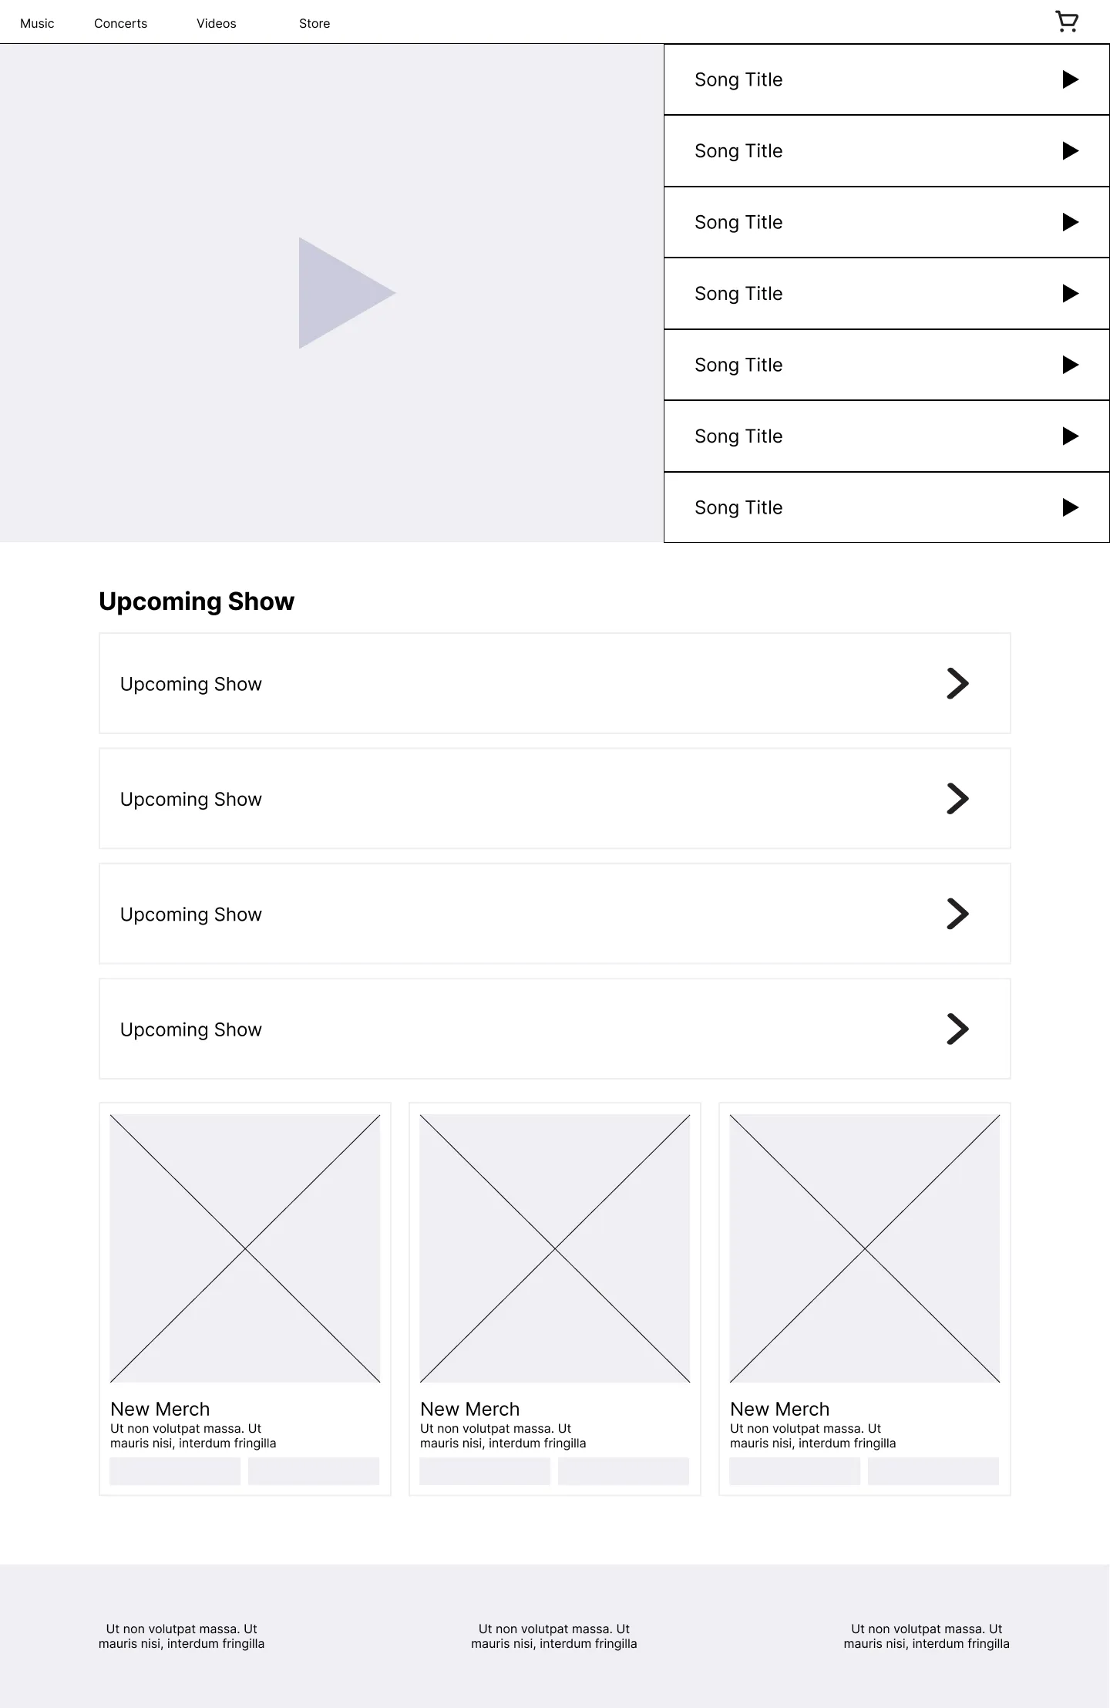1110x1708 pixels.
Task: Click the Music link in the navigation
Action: pyautogui.click(x=37, y=24)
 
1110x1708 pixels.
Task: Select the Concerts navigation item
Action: pyautogui.click(x=120, y=24)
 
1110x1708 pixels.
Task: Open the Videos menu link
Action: pyautogui.click(x=216, y=24)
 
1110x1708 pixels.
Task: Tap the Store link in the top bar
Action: pyautogui.click(x=314, y=24)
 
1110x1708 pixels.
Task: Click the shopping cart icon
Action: pyautogui.click(x=1067, y=22)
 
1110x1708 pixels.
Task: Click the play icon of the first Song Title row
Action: pyautogui.click(x=1071, y=79)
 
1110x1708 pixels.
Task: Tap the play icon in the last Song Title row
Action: pyautogui.click(x=1071, y=507)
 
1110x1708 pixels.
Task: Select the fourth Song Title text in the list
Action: pyautogui.click(x=738, y=294)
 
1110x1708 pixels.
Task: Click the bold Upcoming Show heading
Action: pyautogui.click(x=197, y=601)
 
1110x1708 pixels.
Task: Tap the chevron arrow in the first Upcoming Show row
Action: pyautogui.click(x=957, y=683)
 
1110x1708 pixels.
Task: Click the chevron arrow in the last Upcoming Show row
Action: pyautogui.click(x=957, y=1029)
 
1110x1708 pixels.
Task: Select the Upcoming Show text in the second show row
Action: pyautogui.click(x=191, y=800)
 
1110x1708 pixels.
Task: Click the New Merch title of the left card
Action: pyautogui.click(x=160, y=1409)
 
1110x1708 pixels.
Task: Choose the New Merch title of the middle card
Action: pyautogui.click(x=470, y=1409)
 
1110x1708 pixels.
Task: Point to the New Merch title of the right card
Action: pyautogui.click(x=780, y=1409)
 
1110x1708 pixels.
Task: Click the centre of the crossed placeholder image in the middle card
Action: pyautogui.click(x=555, y=1248)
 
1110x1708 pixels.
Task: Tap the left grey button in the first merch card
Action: pyautogui.click(x=175, y=1471)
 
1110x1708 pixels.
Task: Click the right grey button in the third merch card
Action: pyautogui.click(x=933, y=1471)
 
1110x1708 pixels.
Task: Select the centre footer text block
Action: pyautogui.click(x=554, y=1636)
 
